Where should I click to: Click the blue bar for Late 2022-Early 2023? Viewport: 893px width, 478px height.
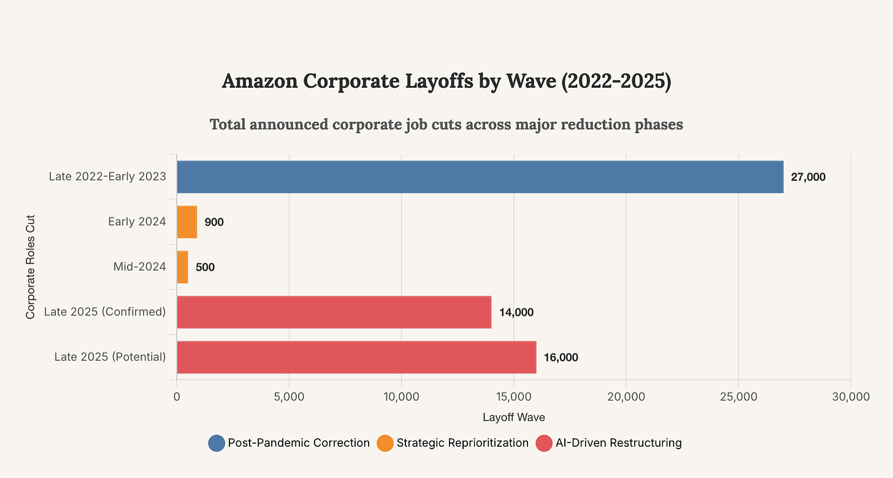pos(480,177)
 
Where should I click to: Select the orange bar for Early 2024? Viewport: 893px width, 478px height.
pos(186,222)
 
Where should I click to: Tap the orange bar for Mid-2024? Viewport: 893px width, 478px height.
pos(182,267)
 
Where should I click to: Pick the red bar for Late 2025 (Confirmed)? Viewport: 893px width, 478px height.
pos(334,312)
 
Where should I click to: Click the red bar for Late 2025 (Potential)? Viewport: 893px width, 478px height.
pos(356,357)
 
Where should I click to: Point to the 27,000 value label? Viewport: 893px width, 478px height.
pos(808,177)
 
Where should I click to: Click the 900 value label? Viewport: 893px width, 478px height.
pos(214,222)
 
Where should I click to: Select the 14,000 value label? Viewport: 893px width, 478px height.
pos(516,312)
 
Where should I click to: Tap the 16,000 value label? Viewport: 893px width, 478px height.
pos(561,357)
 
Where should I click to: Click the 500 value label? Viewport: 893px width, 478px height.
pos(205,268)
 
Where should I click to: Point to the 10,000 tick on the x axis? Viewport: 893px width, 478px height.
pos(401,397)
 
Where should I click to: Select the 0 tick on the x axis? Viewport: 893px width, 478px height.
pos(177,397)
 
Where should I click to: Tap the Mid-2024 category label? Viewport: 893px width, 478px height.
pos(139,267)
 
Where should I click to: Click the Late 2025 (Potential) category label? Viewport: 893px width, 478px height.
pos(110,357)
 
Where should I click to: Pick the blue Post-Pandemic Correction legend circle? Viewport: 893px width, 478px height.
pos(217,442)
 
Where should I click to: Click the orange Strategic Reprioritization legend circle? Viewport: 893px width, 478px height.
pos(385,442)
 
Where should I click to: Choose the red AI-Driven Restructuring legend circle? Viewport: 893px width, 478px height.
pos(544,442)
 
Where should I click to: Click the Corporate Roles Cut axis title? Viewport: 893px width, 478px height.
pos(30,266)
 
